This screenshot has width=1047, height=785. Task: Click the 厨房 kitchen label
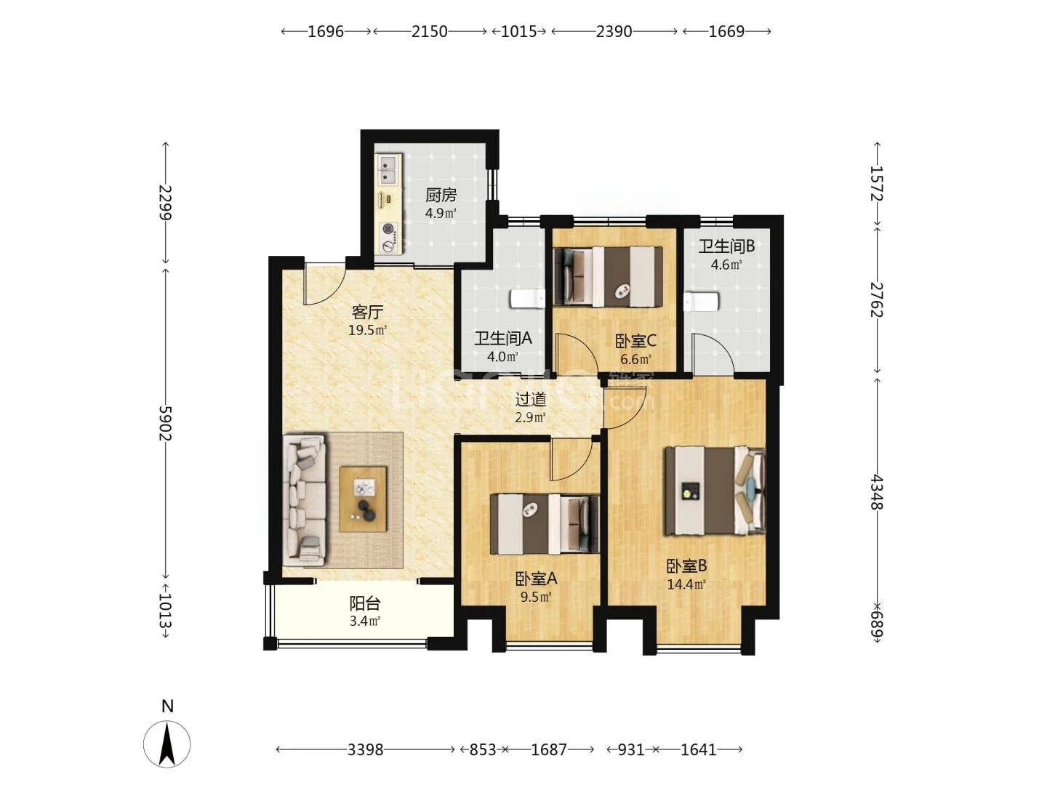(441, 195)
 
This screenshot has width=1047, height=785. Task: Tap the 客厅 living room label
(367, 313)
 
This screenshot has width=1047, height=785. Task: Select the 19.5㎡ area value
(367, 330)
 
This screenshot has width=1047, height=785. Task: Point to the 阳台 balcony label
(365, 603)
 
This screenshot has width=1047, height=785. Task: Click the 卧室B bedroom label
(686, 566)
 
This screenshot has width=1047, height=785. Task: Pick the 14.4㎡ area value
(686, 584)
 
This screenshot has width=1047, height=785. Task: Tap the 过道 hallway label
(531, 400)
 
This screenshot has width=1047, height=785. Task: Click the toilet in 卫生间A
(528, 299)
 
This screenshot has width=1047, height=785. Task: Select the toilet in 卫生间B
(701, 302)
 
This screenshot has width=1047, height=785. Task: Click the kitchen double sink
(389, 169)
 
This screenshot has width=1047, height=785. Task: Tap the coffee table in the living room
(363, 499)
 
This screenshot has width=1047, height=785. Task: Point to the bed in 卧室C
(608, 276)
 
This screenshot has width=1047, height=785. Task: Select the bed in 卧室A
(545, 524)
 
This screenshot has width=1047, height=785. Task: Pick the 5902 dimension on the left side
(166, 424)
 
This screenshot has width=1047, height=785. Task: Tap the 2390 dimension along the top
(614, 31)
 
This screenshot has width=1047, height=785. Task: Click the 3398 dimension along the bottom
(365, 749)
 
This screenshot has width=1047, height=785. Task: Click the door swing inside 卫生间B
(713, 353)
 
